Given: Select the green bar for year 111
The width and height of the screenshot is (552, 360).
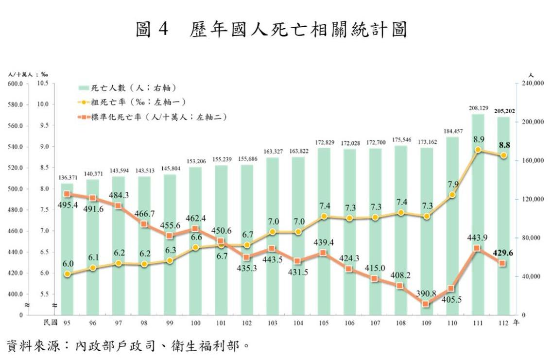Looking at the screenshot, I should point(478,214).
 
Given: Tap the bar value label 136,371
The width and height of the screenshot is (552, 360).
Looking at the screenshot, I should point(67,177).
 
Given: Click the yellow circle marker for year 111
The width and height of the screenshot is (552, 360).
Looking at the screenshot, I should point(478,150).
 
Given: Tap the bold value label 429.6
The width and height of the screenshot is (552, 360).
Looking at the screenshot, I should point(504,253).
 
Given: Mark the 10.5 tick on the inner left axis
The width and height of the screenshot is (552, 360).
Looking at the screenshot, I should point(42,84).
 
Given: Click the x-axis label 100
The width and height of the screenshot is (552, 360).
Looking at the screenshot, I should point(195,323).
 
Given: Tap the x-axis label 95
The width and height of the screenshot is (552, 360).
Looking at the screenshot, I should point(67,323).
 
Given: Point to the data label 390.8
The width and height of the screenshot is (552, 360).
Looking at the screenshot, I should point(427,293).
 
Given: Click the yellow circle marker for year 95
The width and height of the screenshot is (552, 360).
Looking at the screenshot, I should point(67,274).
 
